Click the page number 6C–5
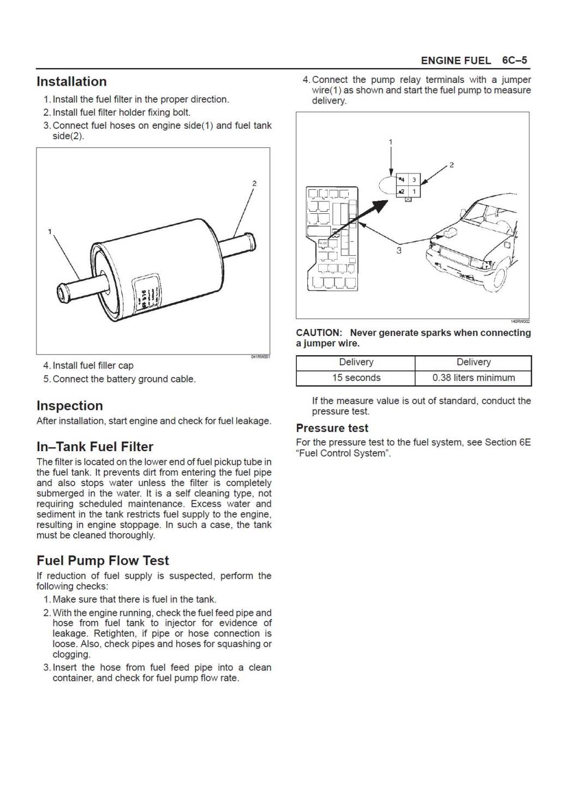click(x=514, y=61)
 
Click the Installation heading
click(x=71, y=82)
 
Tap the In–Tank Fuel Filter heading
click(x=95, y=447)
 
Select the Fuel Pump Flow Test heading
click(x=103, y=561)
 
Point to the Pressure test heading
click(x=332, y=428)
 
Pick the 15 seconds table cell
click(x=356, y=378)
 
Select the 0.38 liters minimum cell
click(x=473, y=378)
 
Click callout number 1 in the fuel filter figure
click(x=50, y=232)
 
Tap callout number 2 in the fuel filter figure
click(x=254, y=183)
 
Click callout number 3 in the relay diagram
click(x=399, y=250)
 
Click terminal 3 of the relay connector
click(x=414, y=179)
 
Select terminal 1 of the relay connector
click(x=414, y=192)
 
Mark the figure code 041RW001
click(x=260, y=357)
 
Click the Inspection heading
click(x=70, y=406)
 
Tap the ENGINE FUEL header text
click(x=456, y=61)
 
